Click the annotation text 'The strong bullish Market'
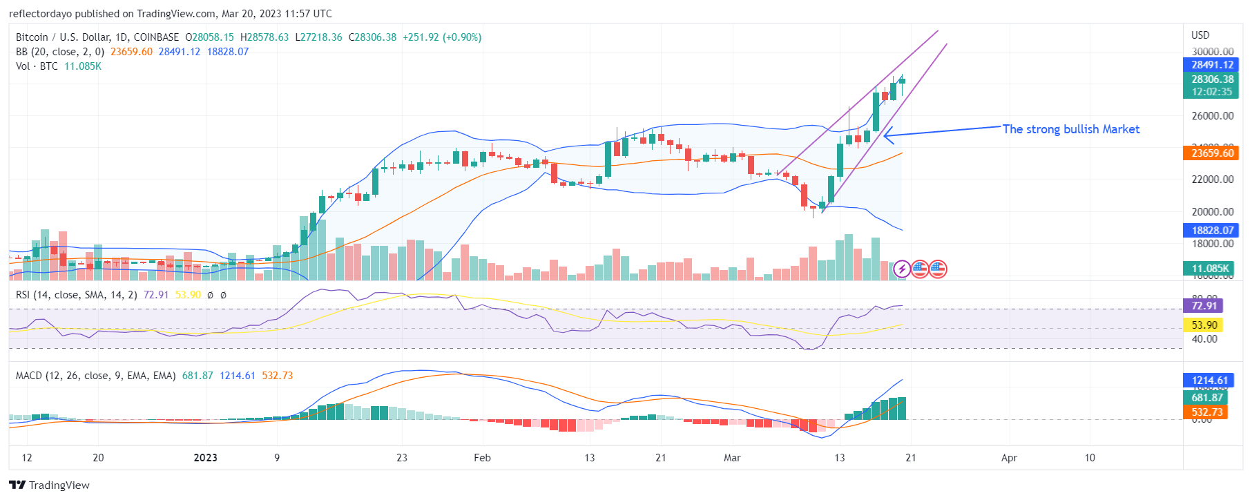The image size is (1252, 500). coord(1070,129)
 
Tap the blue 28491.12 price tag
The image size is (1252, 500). coord(1212,65)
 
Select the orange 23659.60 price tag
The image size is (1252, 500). coord(1212,153)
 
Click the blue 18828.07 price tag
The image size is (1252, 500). coord(1212,231)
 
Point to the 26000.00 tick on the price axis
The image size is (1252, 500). coord(1212,116)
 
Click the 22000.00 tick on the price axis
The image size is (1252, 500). coord(1212,180)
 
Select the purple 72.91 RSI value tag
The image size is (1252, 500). coord(1204,306)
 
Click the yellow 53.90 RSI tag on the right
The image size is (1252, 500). coord(1204,325)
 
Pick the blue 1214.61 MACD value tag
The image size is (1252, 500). coord(1209,381)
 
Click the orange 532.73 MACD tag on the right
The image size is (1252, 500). coord(1206,412)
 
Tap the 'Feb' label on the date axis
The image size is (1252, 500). coord(482,458)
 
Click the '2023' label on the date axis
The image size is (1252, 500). coord(205,458)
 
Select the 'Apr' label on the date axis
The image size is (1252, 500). coord(1009,458)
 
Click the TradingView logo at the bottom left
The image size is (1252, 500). coord(49,485)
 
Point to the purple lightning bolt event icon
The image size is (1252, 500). coord(902,269)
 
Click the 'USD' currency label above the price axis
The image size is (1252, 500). coord(1200,35)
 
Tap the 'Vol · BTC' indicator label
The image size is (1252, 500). coord(37,66)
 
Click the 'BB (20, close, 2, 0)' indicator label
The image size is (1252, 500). coord(60,52)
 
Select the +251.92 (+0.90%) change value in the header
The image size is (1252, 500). coord(442,37)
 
